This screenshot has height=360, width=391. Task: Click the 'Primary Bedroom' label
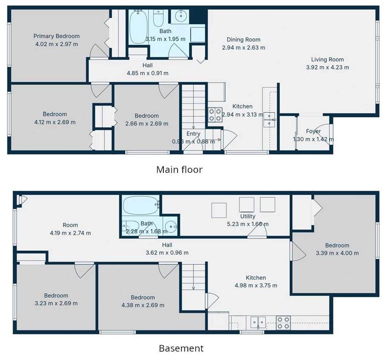[x=57, y=36]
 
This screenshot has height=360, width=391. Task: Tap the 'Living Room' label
[x=327, y=60]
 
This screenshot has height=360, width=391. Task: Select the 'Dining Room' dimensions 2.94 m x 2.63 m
[x=243, y=47]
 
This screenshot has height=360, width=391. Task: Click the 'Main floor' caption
[x=179, y=170]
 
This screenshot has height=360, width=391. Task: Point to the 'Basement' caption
[x=181, y=348]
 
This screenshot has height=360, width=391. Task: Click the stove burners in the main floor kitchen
[x=215, y=114]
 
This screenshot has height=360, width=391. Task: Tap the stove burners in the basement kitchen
[x=283, y=323]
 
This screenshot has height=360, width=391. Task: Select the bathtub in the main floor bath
[x=139, y=27]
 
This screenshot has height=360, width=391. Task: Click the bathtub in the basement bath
[x=141, y=205]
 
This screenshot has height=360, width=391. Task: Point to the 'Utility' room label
[x=248, y=216]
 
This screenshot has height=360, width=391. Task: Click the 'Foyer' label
[x=313, y=131]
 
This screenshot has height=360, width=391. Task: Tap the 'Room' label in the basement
[x=70, y=225]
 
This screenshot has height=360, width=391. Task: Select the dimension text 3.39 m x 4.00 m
[x=337, y=253]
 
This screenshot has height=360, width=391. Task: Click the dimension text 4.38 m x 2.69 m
[x=143, y=305]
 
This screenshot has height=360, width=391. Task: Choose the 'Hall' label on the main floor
[x=148, y=66]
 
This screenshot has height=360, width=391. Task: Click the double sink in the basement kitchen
[x=258, y=322]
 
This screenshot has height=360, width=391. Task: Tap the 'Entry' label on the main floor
[x=193, y=134]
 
